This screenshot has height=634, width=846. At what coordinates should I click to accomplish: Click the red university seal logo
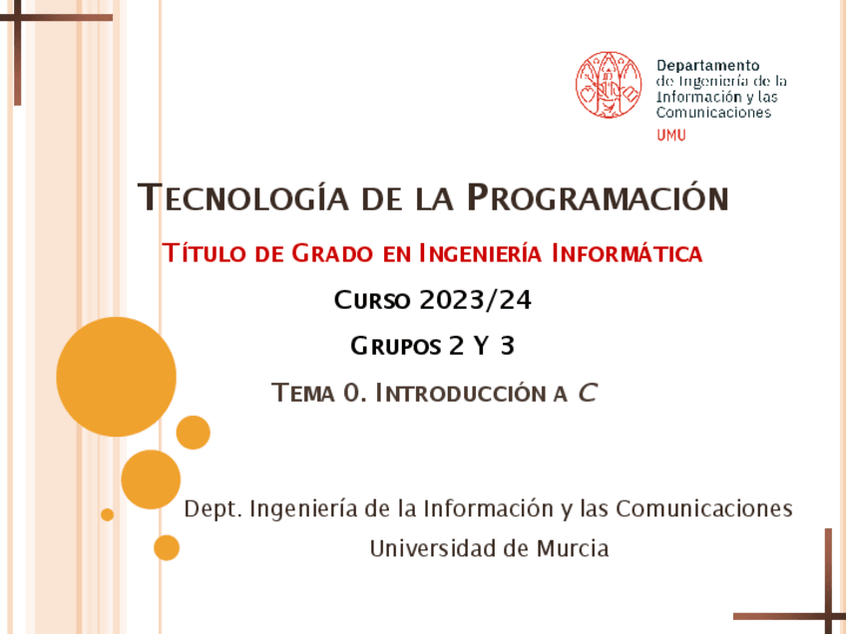point(608,85)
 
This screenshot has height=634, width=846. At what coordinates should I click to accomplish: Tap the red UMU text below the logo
point(671,136)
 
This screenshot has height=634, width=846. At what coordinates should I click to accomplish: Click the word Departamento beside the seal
point(707,66)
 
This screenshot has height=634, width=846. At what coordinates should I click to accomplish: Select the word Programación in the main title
point(598,197)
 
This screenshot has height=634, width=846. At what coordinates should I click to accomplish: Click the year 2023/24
point(476,299)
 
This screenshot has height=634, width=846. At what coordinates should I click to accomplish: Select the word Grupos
point(396,346)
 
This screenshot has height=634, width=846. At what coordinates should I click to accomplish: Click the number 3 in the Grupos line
point(508,346)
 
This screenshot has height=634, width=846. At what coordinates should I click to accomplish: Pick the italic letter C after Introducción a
point(588,393)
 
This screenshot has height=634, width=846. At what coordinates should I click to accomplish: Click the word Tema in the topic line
point(303,393)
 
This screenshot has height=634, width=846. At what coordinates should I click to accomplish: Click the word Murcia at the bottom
point(572,548)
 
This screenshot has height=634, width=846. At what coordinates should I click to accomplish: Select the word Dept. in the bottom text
point(212,509)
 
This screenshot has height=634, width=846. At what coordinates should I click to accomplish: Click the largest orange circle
point(117,377)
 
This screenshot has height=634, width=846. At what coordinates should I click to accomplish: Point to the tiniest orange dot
point(108,514)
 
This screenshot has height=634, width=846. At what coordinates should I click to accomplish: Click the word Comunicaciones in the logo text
point(714,113)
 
